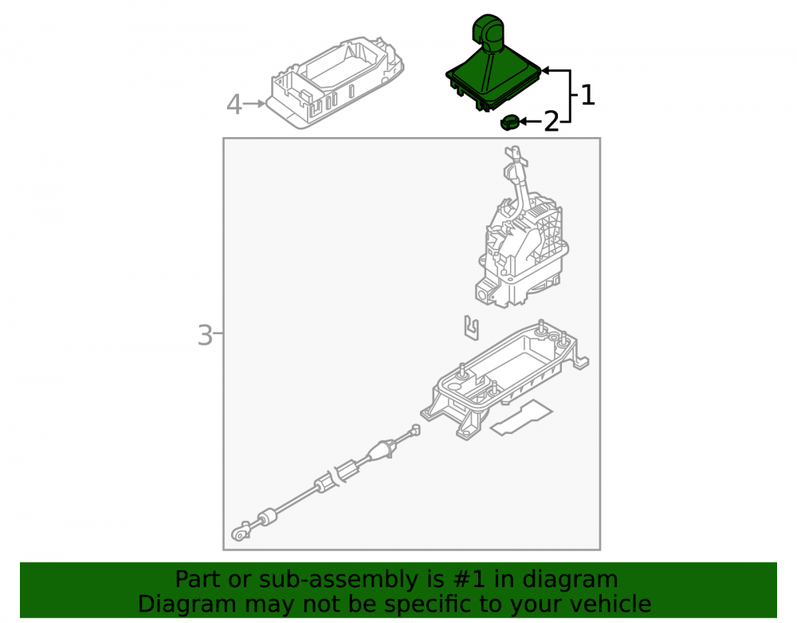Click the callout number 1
click(x=587, y=95)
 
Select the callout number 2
click(x=552, y=122)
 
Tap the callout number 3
click(x=205, y=336)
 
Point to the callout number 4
click(x=234, y=104)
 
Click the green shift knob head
click(x=488, y=32)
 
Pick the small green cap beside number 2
click(x=509, y=123)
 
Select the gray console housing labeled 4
click(x=337, y=81)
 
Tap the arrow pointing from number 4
click(x=254, y=104)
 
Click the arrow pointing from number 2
click(x=531, y=122)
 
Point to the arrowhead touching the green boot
click(x=545, y=71)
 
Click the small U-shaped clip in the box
click(x=472, y=328)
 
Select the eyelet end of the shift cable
click(x=240, y=533)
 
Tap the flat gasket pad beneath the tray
click(x=521, y=417)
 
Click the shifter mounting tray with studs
click(x=505, y=380)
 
